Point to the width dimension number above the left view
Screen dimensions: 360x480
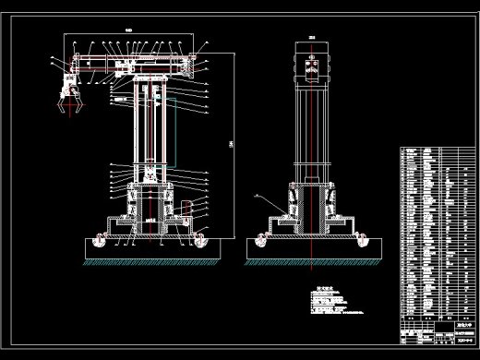pyautogui.click(x=128, y=31)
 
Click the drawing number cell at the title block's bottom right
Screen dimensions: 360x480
pyautogui.click(x=455, y=342)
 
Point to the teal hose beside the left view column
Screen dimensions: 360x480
pyautogui.click(x=169, y=138)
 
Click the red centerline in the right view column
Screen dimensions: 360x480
pyautogui.click(x=314, y=138)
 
